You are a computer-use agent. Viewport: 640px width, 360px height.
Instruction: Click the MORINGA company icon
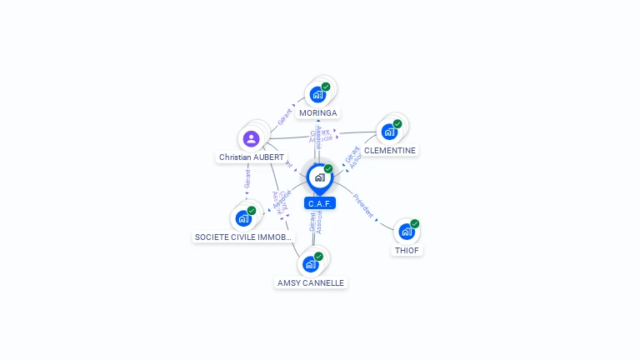(317, 94)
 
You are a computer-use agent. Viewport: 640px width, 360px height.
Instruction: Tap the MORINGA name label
(318, 112)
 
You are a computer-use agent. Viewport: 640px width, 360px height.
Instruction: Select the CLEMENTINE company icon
(389, 132)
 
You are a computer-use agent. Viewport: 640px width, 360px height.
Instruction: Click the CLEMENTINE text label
(390, 151)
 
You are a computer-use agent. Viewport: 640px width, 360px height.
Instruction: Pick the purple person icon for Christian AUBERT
(251, 138)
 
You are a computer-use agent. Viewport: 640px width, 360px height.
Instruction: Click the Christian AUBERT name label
(252, 157)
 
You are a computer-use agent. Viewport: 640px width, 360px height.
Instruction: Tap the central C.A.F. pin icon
(319, 177)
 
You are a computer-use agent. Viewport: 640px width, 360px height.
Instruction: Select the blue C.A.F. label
(320, 203)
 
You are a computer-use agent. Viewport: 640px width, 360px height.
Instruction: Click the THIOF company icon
(407, 231)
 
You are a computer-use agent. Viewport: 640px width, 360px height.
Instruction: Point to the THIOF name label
(407, 250)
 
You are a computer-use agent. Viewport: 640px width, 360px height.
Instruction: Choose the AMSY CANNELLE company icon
(311, 263)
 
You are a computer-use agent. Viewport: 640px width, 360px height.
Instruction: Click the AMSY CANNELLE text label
(311, 282)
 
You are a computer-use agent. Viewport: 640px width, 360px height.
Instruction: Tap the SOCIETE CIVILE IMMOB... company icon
(243, 218)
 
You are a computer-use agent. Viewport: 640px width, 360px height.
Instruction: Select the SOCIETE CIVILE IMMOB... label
(244, 237)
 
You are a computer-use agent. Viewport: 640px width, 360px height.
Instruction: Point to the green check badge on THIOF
(414, 223)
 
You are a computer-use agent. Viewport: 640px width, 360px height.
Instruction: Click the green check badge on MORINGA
(326, 87)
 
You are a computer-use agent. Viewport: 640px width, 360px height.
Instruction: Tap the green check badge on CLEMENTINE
(397, 124)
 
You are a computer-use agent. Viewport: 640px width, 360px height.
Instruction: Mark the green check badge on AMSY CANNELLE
(318, 256)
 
